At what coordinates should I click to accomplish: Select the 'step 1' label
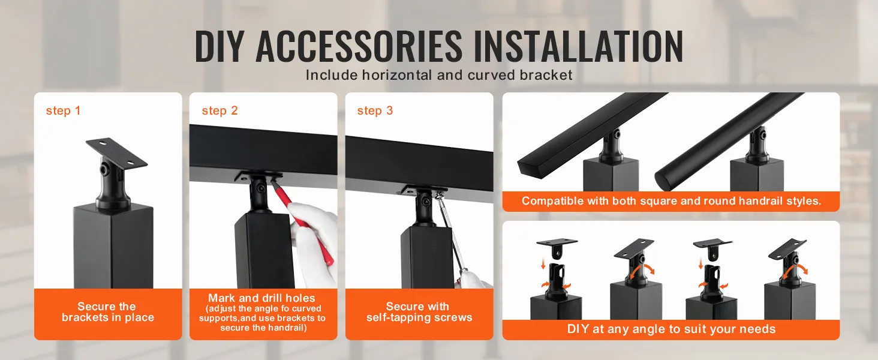[63, 111]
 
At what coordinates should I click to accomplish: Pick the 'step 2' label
[220, 111]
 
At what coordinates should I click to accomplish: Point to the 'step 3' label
[375, 111]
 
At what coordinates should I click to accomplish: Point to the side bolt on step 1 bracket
[105, 169]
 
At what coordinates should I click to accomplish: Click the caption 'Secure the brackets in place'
[108, 312]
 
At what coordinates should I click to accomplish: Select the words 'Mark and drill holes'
[262, 298]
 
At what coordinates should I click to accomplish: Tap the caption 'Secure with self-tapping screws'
[419, 312]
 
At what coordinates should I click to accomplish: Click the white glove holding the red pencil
[315, 247]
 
